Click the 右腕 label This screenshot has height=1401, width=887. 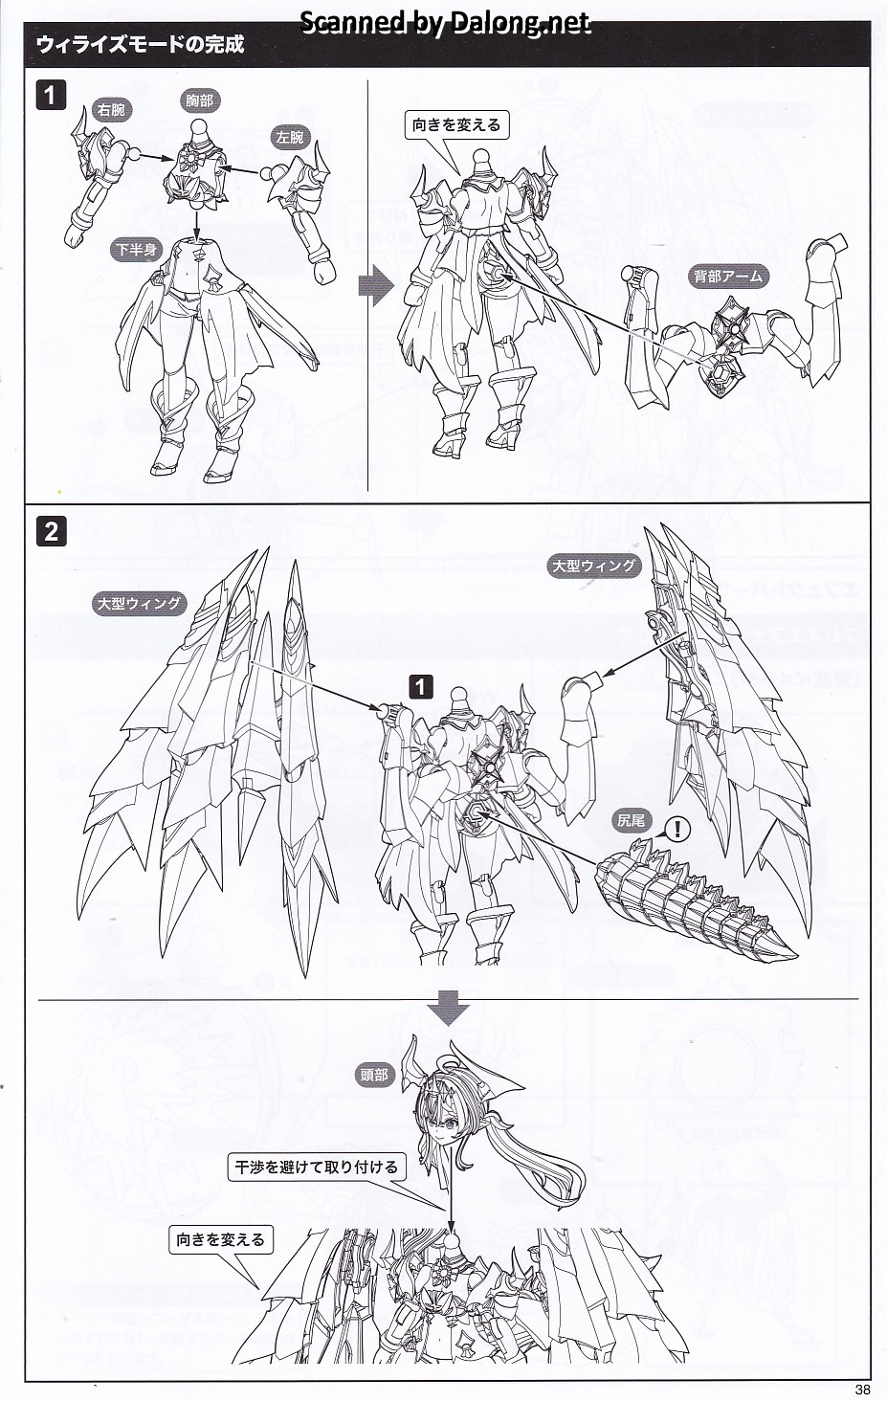[111, 110]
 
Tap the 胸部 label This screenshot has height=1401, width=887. [200, 100]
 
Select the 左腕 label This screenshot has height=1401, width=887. [290, 137]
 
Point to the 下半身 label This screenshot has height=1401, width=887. [137, 250]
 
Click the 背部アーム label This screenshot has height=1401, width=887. [727, 276]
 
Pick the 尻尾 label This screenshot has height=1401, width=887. [630, 820]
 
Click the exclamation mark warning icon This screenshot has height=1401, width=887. [677, 830]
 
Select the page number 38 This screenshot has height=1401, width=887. [863, 1390]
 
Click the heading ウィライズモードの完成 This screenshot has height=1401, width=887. [140, 44]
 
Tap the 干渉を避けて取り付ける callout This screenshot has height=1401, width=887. [316, 1167]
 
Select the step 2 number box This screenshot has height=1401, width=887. [51, 532]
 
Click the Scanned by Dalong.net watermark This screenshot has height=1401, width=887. [445, 23]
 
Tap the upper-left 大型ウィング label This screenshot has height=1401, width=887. [140, 604]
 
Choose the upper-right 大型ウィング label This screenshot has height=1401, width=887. [593, 566]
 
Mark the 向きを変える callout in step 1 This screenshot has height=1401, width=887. [456, 125]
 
